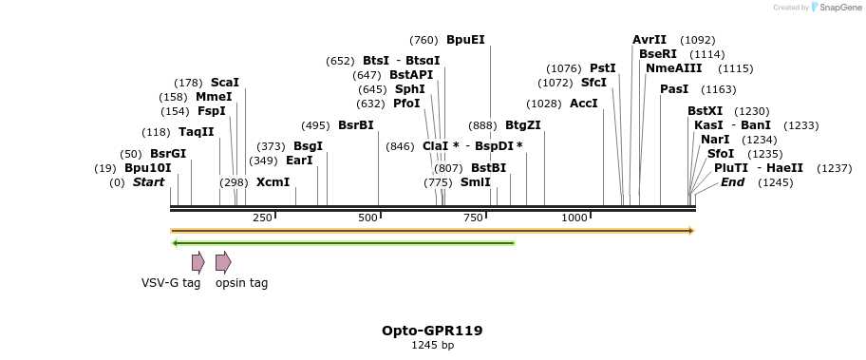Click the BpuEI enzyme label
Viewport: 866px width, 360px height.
465,40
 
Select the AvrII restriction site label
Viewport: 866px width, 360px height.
649,40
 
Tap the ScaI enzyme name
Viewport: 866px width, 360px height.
225,83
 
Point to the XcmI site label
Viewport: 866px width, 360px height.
273,182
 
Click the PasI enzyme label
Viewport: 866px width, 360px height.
674,89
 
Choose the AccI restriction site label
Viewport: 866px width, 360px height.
583,104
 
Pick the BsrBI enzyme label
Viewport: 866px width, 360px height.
356,125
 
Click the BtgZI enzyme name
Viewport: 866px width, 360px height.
522,125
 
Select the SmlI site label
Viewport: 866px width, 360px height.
476,182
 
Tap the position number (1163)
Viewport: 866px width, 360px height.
718,89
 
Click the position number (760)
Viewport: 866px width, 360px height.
424,40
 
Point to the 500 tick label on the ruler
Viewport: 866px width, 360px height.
367,218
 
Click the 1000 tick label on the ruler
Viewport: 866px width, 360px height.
574,218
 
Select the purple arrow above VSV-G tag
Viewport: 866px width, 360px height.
198,262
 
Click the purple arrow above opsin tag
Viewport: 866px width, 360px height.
223,262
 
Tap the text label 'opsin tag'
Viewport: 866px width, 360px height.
241,283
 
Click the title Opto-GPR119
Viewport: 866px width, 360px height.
432,331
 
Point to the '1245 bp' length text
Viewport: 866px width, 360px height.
432,346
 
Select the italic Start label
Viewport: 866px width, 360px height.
148,182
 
